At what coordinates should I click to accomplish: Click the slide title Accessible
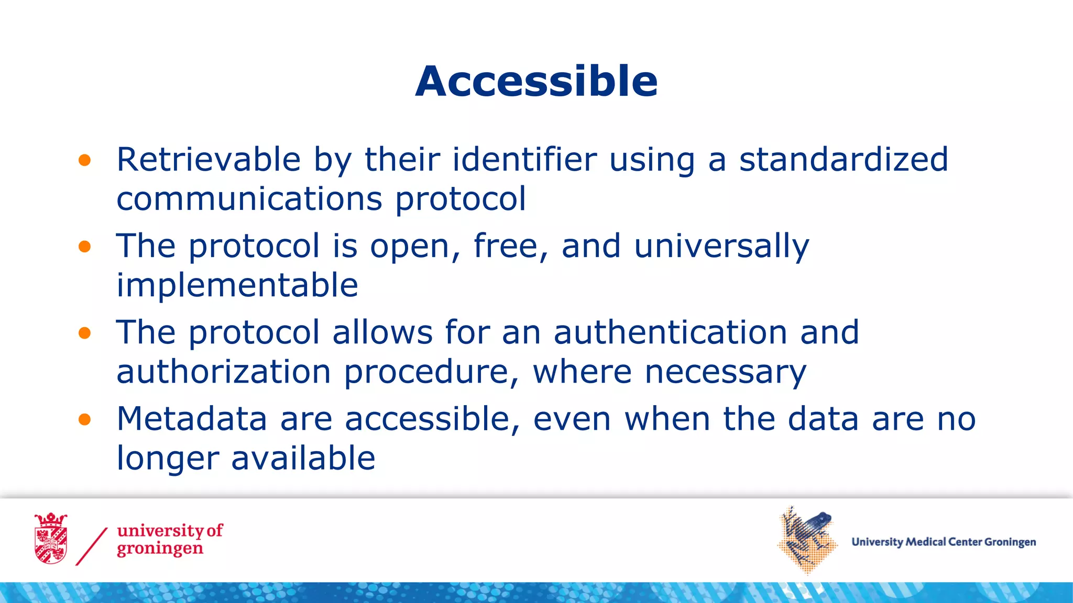(x=536, y=82)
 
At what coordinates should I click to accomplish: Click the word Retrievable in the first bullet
(x=209, y=159)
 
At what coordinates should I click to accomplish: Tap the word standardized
(x=844, y=159)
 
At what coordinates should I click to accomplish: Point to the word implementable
(x=237, y=285)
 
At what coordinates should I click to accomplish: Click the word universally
(x=721, y=246)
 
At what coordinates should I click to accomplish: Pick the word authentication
(x=671, y=332)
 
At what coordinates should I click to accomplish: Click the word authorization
(x=224, y=372)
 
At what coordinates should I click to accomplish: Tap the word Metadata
(x=192, y=419)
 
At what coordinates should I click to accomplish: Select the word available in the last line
(x=303, y=458)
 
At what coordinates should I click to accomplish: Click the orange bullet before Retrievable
(x=84, y=160)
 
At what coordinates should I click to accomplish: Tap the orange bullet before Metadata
(x=84, y=419)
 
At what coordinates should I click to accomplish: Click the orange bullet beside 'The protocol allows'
(x=84, y=333)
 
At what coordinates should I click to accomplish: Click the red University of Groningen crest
(x=51, y=539)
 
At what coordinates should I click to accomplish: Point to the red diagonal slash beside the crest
(x=92, y=546)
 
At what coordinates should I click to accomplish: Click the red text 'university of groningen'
(x=169, y=539)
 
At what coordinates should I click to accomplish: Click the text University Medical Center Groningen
(x=943, y=542)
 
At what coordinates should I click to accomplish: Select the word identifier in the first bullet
(x=524, y=159)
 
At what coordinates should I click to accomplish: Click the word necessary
(x=725, y=372)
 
